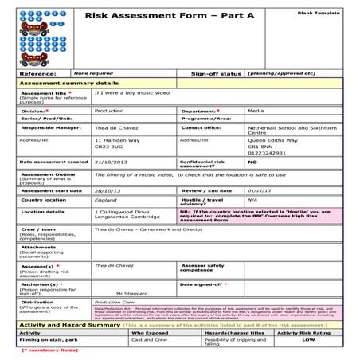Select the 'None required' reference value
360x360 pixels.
tap(92, 72)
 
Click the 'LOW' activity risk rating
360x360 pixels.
tap(307, 339)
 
